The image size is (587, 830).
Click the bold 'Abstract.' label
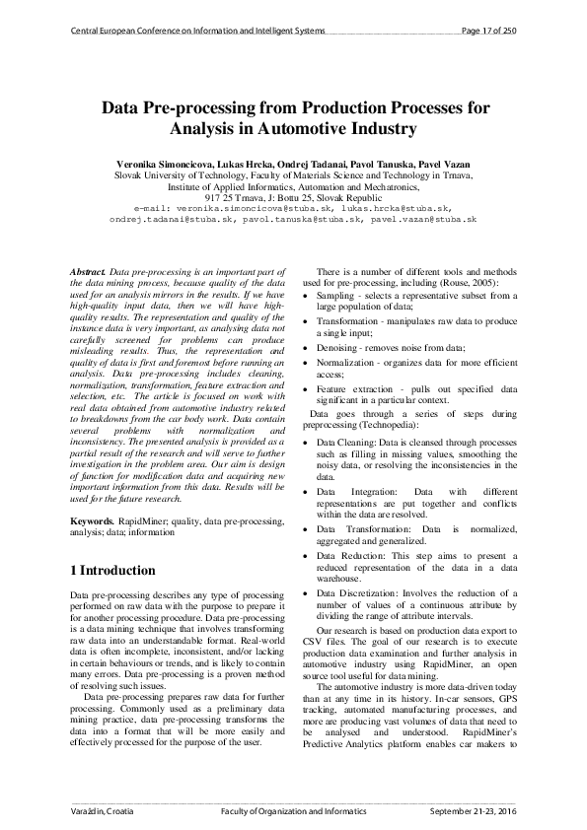coord(89,270)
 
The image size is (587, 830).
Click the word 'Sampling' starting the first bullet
coord(335,295)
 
